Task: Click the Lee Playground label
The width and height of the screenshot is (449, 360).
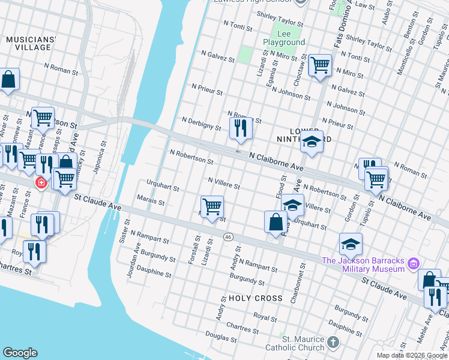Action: click(283, 38)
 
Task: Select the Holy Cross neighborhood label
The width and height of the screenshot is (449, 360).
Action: click(255, 298)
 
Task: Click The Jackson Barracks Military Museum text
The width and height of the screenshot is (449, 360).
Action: click(363, 264)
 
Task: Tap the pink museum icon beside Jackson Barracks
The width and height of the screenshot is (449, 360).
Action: click(413, 263)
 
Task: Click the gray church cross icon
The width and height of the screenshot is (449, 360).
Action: click(334, 343)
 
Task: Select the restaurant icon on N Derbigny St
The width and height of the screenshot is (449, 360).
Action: click(240, 128)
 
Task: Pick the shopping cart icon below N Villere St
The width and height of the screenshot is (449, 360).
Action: click(212, 207)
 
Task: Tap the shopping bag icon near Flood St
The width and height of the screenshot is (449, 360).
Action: click(276, 221)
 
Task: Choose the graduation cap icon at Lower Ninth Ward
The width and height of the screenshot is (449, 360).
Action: click(312, 142)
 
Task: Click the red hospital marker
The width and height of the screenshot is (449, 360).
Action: click(41, 182)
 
